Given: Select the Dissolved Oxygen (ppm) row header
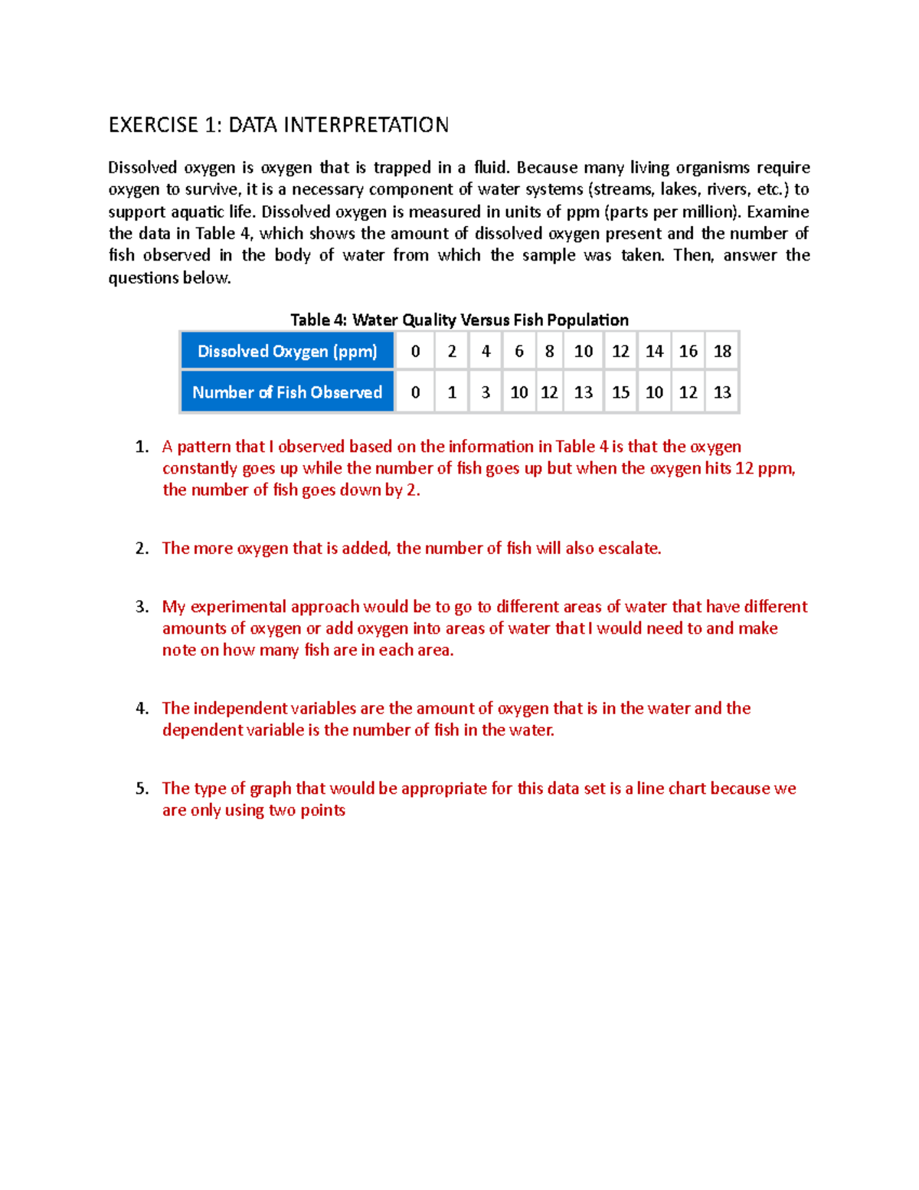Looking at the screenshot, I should [287, 351].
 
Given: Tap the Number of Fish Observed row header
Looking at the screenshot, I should [287, 392].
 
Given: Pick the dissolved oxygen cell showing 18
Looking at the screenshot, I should [722, 351].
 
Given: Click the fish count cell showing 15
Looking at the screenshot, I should [620, 392].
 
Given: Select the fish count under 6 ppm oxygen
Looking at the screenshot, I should [519, 392].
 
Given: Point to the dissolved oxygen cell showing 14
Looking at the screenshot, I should [654, 351].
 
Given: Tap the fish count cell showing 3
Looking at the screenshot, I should [486, 392].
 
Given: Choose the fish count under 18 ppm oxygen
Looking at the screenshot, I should [722, 392].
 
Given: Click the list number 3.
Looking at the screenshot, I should [142, 607].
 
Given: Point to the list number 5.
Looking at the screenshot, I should [142, 788].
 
